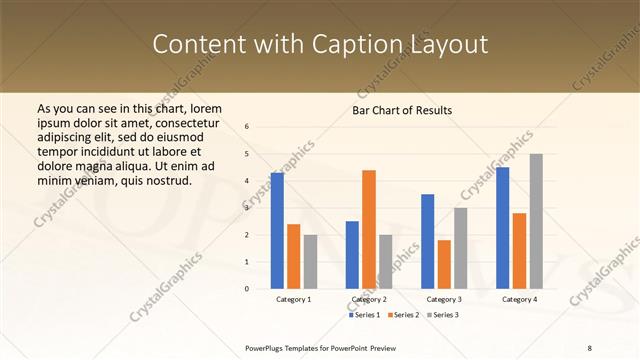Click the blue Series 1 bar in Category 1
[277, 230]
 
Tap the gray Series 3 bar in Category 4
[536, 221]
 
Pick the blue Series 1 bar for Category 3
[427, 241]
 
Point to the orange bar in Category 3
[444, 264]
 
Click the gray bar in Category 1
[310, 261]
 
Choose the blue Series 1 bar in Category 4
[502, 227]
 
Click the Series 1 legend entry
[365, 315]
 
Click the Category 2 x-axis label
[369, 299]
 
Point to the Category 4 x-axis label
[519, 299]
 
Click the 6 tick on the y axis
[247, 127]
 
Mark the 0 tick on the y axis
[247, 288]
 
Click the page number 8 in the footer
[590, 348]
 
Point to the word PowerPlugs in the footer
[266, 348]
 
